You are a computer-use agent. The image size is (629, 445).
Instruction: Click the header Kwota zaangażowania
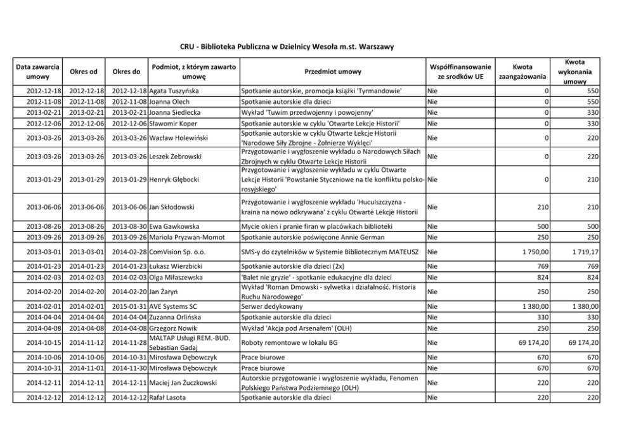[x=522, y=72]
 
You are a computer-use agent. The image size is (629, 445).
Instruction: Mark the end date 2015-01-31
[x=129, y=306]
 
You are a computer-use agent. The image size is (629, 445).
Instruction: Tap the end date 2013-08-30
[x=129, y=226]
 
